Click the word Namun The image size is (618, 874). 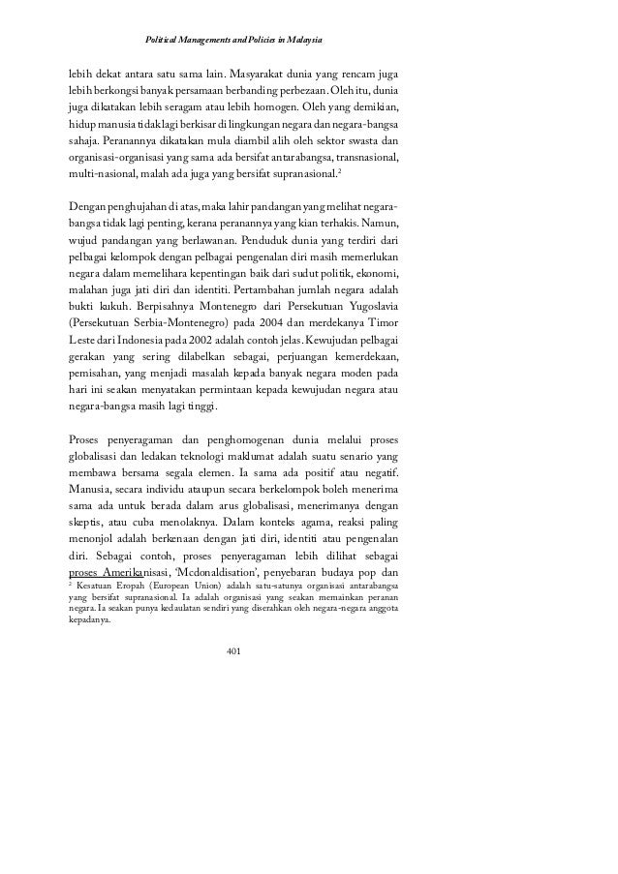[x=387, y=224]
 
